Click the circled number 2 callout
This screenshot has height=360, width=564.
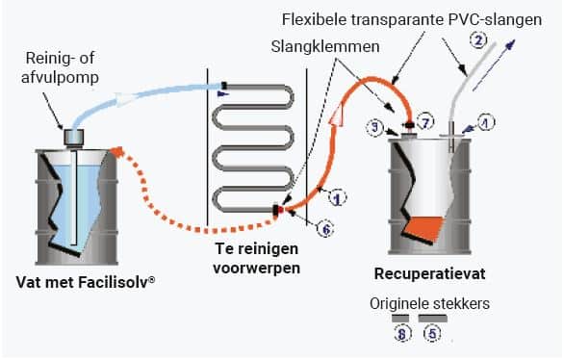(478, 40)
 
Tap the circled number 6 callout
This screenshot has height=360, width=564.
(326, 229)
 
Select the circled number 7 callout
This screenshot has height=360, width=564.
(425, 122)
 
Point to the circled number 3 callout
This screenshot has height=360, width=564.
(375, 127)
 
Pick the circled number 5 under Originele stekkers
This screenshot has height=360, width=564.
(432, 333)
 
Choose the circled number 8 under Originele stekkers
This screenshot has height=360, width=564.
(401, 333)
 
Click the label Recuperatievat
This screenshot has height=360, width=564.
(429, 273)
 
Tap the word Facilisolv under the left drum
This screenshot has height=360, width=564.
(116, 282)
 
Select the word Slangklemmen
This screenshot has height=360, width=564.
(325, 47)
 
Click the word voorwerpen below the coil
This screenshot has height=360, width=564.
(256, 268)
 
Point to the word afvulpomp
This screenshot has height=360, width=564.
(60, 77)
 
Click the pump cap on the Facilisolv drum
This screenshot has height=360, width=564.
(74, 137)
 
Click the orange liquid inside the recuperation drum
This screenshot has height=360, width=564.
(423, 229)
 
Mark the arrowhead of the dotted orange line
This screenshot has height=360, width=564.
(117, 152)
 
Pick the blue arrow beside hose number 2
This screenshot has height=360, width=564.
(494, 65)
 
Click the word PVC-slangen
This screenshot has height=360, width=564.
(495, 20)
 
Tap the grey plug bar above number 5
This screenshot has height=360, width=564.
(433, 319)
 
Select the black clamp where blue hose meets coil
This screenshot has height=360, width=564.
(224, 86)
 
